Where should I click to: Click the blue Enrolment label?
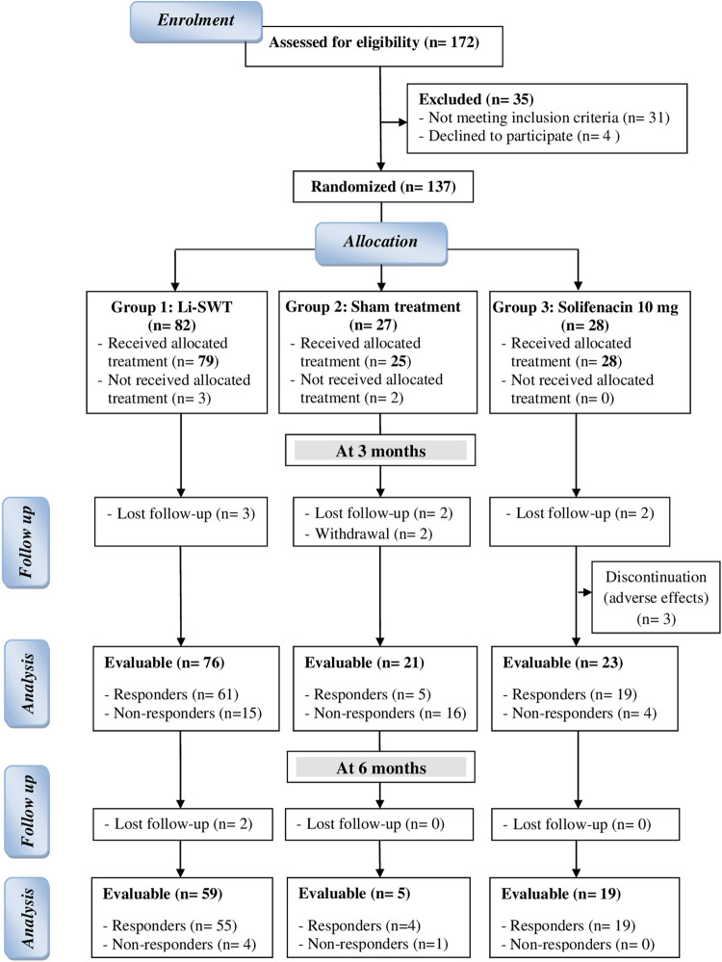(196, 21)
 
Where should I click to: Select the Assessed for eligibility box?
(374, 46)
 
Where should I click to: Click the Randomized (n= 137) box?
(383, 187)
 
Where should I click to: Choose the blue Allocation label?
(381, 243)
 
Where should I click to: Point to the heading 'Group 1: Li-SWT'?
(171, 307)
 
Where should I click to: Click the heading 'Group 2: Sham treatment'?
(373, 307)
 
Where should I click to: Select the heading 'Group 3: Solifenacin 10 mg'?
(585, 307)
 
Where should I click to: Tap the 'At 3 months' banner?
(380, 451)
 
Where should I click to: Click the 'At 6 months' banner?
(381, 767)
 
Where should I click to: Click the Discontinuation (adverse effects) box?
(656, 597)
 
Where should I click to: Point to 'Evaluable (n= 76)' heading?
(165, 663)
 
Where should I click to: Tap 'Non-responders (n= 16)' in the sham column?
(385, 713)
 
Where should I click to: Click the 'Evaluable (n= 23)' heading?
(563, 663)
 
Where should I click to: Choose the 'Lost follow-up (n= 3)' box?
(181, 522)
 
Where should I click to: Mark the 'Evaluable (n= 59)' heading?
(163, 894)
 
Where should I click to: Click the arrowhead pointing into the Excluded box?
(403, 122)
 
